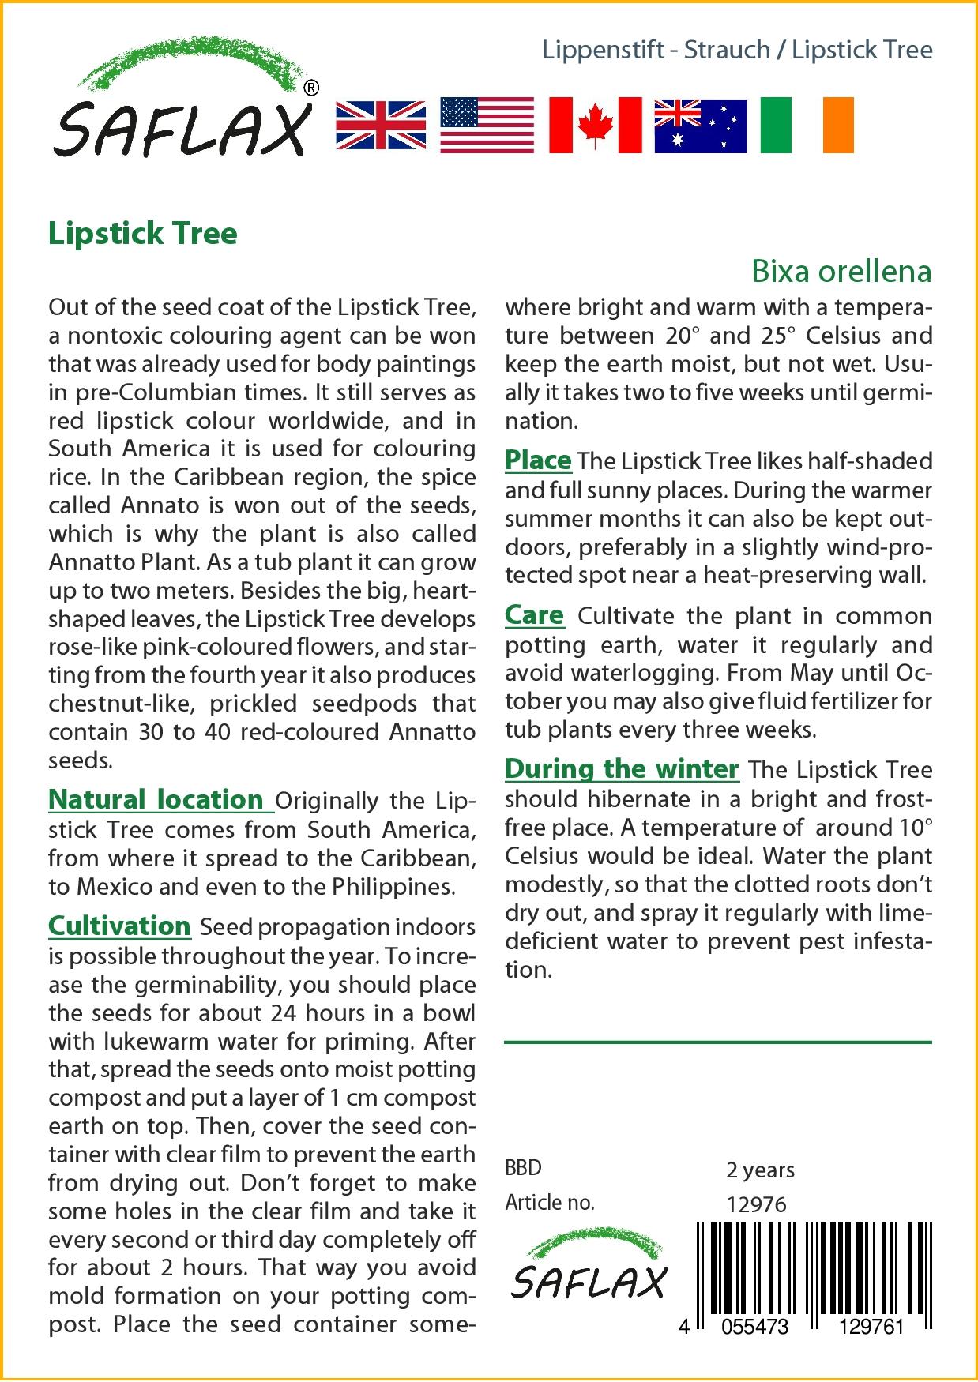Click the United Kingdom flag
tap(381, 126)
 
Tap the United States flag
tap(487, 126)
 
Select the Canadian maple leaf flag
tap(595, 126)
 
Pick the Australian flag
tap(700, 126)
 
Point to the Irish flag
tap(807, 126)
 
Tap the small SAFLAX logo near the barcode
tap(589, 1264)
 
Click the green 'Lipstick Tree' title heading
tap(143, 234)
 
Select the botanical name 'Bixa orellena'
tap(841, 271)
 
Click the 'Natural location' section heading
tap(156, 799)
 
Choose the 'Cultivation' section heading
tap(119, 926)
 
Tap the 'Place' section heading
tap(538, 460)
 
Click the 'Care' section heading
tap(535, 614)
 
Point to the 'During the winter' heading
tap(622, 768)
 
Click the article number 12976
tap(756, 1204)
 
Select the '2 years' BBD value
tap(760, 1170)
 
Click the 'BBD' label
tap(523, 1168)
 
